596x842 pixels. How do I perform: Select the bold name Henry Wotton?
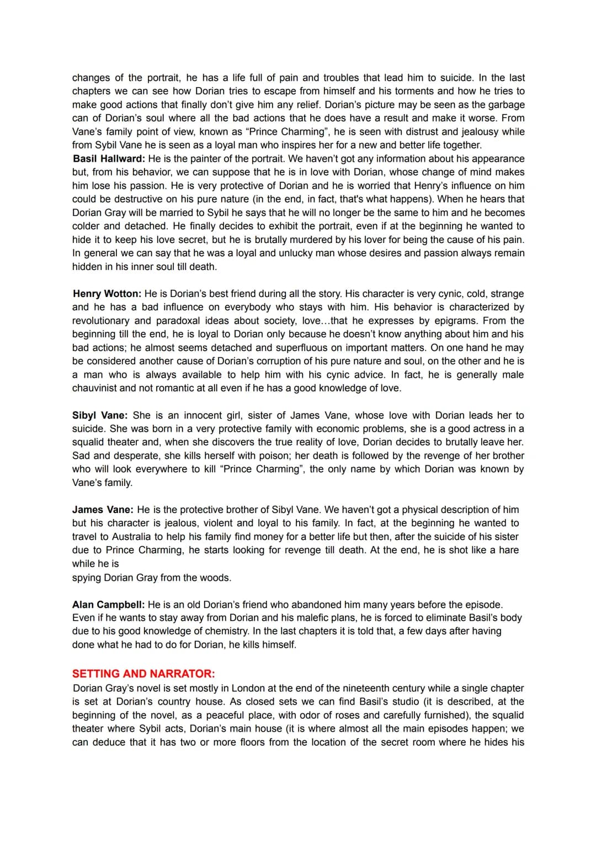107,294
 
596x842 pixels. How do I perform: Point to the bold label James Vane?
103,510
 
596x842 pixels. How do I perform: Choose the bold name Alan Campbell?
109,605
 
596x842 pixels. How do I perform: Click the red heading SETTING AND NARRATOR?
143,674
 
